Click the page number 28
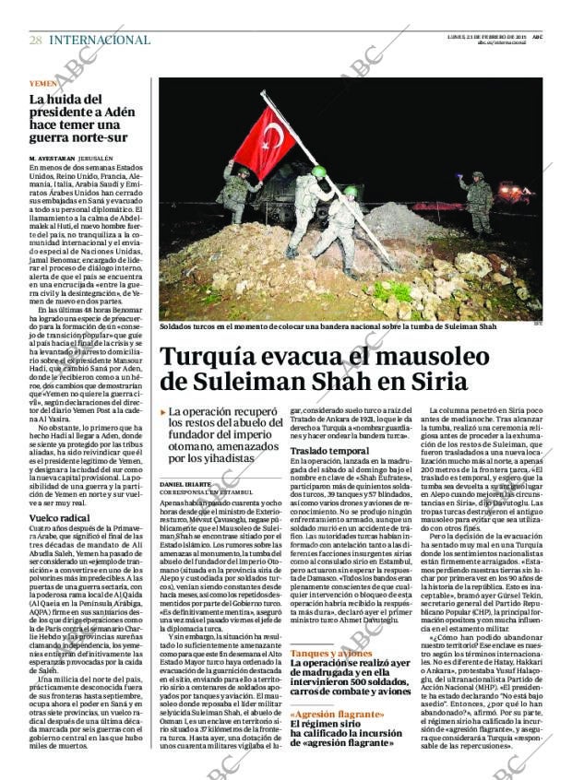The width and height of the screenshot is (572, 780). [35, 40]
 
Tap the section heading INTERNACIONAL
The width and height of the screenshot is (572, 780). [100, 40]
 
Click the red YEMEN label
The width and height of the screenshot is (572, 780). [42, 84]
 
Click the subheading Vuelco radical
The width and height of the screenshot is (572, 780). [58, 519]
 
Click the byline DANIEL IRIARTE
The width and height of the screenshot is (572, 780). [185, 484]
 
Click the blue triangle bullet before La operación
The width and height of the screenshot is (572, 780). [163, 413]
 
